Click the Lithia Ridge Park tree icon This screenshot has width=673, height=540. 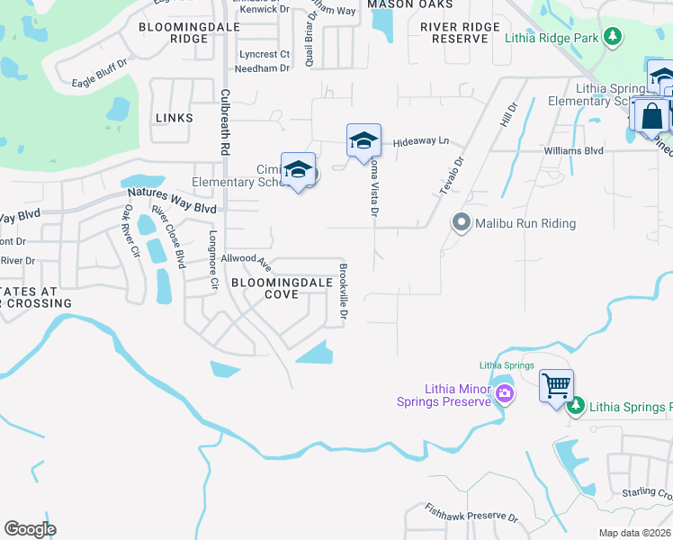pos(613,37)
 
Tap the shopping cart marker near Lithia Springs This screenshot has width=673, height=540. pos(556,386)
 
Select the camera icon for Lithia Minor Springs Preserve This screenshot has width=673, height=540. pos(504,392)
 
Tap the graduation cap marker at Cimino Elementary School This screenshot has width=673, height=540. pos(297,169)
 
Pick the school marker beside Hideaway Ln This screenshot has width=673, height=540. pos(363,140)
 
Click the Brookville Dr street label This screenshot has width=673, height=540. pos(343,293)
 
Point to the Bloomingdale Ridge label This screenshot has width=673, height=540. pos(174,33)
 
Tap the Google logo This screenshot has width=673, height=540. pos(30,528)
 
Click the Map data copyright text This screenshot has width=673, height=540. pos(634,533)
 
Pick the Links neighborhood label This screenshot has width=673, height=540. pos(174,118)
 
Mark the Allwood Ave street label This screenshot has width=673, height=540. pos(253,260)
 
